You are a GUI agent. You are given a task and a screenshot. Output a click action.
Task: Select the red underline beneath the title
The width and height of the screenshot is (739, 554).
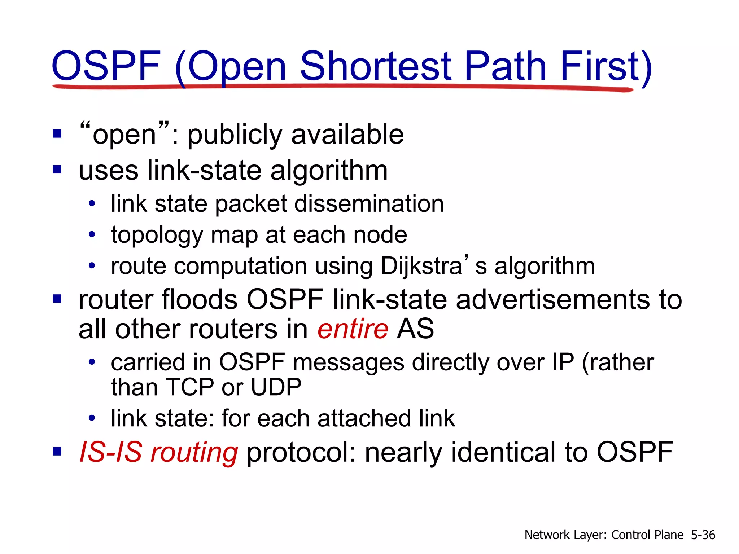343,87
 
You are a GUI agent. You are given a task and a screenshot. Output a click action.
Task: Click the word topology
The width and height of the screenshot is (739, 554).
157,236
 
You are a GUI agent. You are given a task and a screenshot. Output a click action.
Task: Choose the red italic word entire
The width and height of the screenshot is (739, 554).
353,329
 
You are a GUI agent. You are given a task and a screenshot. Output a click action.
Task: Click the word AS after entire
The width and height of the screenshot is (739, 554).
415,329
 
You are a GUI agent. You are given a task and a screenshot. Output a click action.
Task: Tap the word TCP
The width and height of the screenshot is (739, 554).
189,387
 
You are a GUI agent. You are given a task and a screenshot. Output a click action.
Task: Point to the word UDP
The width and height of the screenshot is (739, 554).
276,387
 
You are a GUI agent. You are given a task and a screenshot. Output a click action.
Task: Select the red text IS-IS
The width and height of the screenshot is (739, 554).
110,452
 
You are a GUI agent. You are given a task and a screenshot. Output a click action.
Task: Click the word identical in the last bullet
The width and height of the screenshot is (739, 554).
503,452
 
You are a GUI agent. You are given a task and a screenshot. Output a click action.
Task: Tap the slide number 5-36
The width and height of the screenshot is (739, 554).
703,535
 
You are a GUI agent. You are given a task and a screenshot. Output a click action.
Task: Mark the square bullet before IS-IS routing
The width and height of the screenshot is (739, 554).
57,451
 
